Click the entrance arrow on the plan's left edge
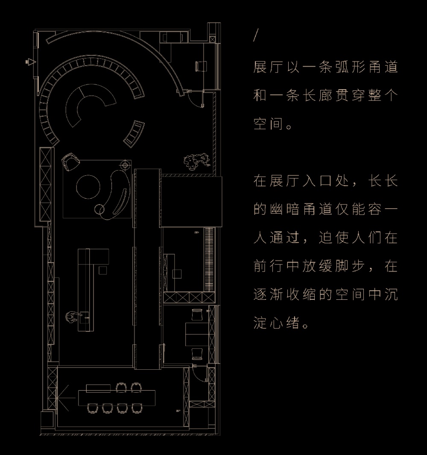click(x=30, y=62)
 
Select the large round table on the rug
click(x=88, y=186)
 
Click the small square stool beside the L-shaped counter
click(x=102, y=270)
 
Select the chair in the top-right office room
click(x=201, y=66)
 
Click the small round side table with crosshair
click(x=125, y=165)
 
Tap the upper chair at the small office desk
click(x=196, y=315)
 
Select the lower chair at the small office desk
click(x=196, y=354)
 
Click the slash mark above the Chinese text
click(x=255, y=37)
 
